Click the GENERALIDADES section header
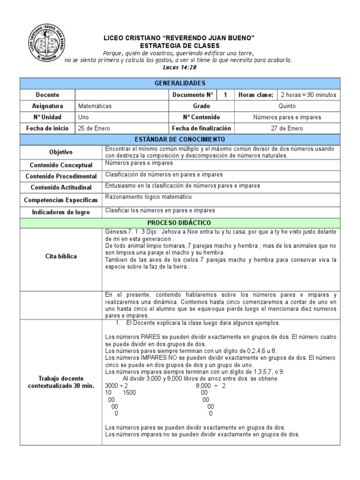click(x=180, y=83)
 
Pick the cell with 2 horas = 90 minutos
click(x=308, y=95)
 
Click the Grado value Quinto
click(x=287, y=106)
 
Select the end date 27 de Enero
click(x=287, y=128)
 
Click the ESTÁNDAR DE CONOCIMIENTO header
click(x=180, y=140)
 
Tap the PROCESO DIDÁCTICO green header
click(x=180, y=222)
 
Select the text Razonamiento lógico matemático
click(x=149, y=197)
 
